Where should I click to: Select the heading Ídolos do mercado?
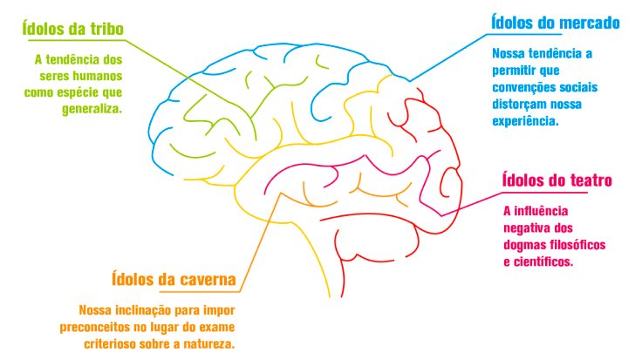coord(555,22)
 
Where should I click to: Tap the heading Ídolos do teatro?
coord(557,181)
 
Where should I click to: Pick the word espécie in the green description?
coord(85,92)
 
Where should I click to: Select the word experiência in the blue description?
coord(523,120)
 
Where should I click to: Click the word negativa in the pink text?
coord(529,227)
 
